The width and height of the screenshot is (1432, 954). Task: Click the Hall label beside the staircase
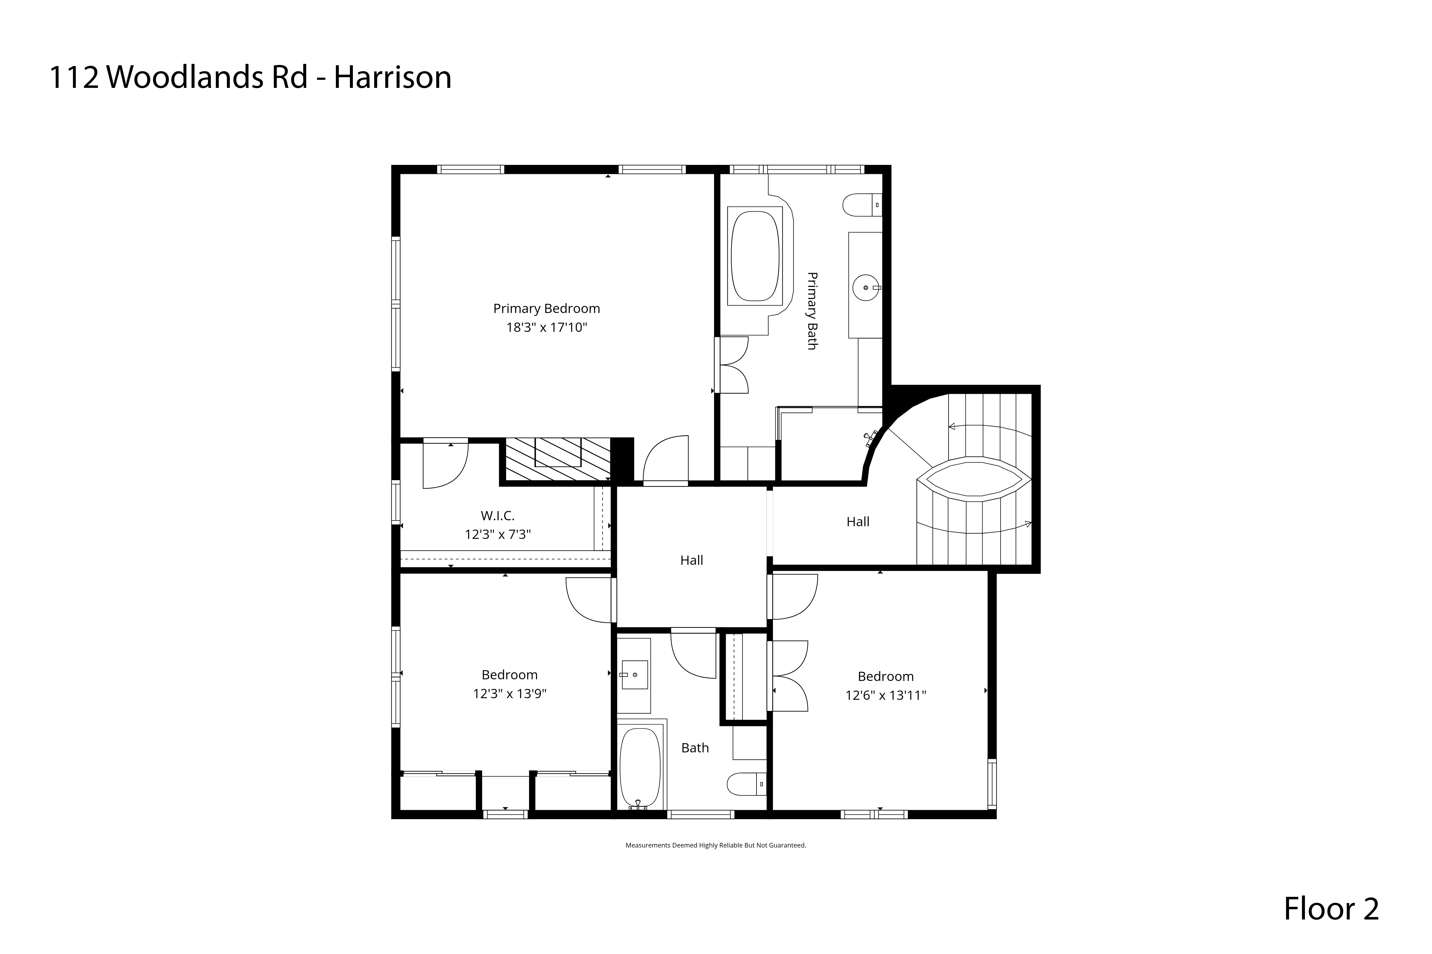[858, 521]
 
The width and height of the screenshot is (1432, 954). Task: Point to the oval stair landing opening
[974, 481]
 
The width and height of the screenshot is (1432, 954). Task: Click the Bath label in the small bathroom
[695, 748]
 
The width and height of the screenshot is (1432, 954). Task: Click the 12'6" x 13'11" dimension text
[885, 695]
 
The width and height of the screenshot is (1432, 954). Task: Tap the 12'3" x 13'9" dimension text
[510, 694]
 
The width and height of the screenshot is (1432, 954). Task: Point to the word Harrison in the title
[393, 77]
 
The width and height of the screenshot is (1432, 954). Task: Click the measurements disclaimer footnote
[715, 845]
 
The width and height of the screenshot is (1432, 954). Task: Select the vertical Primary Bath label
[812, 311]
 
